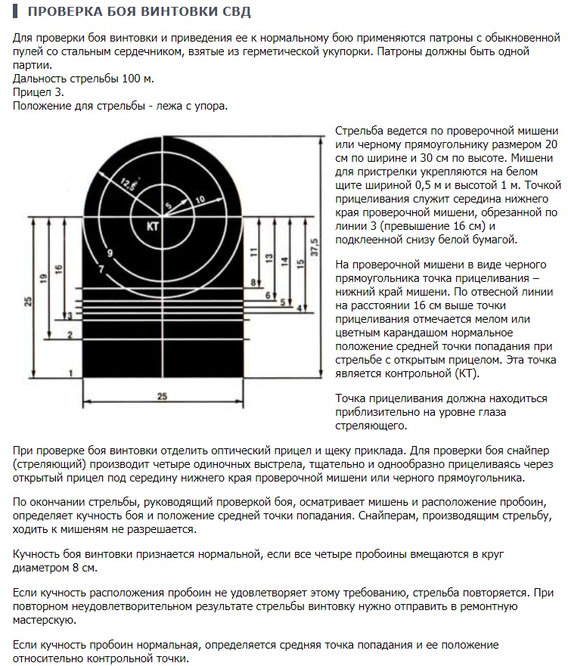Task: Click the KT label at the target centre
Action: [x=152, y=225]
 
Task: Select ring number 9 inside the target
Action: [x=110, y=253]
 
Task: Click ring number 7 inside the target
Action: [x=101, y=270]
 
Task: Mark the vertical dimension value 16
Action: [x=58, y=269]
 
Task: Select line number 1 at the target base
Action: [x=70, y=373]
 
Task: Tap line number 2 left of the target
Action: [x=70, y=333]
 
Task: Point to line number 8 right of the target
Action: [x=254, y=282]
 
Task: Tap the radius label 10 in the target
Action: [x=200, y=199]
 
